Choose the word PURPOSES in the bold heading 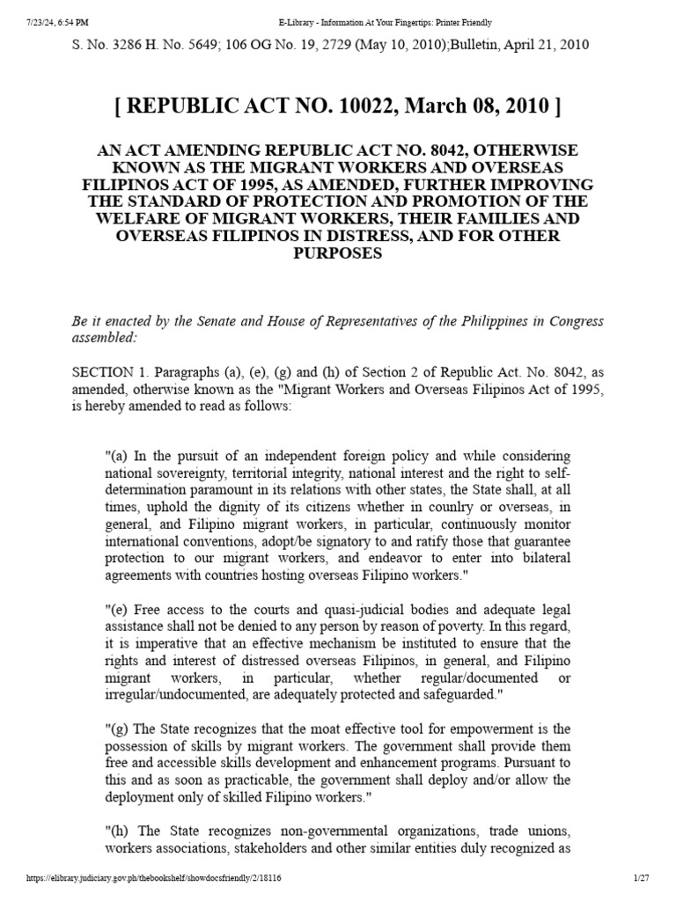coord(338,253)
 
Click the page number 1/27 coord(640,879)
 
